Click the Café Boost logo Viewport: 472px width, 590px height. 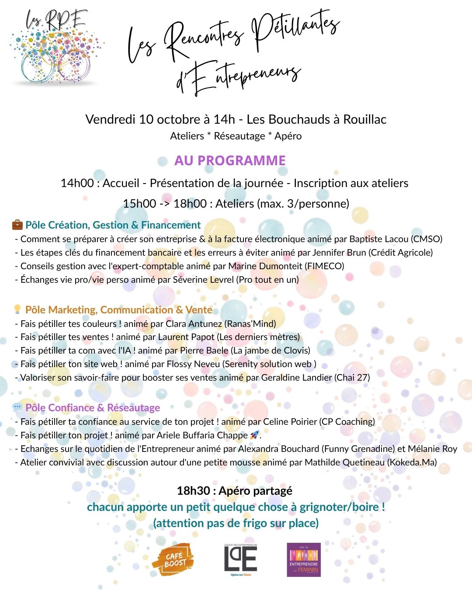click(x=173, y=559)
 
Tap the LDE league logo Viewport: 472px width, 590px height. click(x=240, y=559)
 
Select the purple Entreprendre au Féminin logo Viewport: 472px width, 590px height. click(x=304, y=560)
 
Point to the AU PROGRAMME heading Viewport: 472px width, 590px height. click(x=230, y=160)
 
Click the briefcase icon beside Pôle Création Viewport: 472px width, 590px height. click(x=17, y=225)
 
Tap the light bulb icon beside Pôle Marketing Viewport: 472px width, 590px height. click(x=17, y=309)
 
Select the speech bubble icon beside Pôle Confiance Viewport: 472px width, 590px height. click(x=17, y=407)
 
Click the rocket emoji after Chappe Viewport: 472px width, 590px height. click(x=254, y=435)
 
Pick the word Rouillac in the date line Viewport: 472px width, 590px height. click(x=364, y=119)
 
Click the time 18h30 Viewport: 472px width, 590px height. click(x=193, y=490)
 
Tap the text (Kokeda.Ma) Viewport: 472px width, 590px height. click(x=412, y=462)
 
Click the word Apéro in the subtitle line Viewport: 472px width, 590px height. click(x=288, y=136)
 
